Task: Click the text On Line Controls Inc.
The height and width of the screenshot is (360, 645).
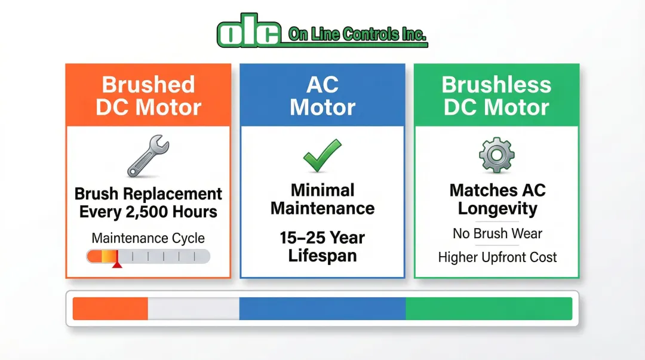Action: pos(357,34)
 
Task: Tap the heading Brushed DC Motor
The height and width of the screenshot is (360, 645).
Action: pos(149,96)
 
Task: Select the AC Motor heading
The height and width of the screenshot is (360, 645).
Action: pos(322,96)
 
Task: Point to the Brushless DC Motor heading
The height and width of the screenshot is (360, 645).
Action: pos(496,96)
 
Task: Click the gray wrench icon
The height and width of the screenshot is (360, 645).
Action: pos(148,155)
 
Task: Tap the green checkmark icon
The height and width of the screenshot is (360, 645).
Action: pos(322,155)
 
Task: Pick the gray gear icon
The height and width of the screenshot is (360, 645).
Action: pos(496,155)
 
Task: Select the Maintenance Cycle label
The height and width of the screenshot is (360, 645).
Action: pos(148,238)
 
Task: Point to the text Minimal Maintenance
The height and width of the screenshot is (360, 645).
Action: pos(322,199)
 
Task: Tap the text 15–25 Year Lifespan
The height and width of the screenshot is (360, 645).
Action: pos(322,247)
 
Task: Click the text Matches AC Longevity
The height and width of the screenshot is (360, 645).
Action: pos(497,199)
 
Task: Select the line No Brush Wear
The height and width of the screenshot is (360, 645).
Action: pos(497,233)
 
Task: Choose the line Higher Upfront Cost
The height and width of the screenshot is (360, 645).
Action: pos(497,257)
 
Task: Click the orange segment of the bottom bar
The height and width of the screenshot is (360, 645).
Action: pos(110,309)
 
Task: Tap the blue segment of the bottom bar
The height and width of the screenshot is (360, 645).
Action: pos(322,309)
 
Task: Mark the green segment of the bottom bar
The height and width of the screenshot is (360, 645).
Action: pos(489,309)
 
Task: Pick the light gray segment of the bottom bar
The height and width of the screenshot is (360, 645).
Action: pos(193,309)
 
